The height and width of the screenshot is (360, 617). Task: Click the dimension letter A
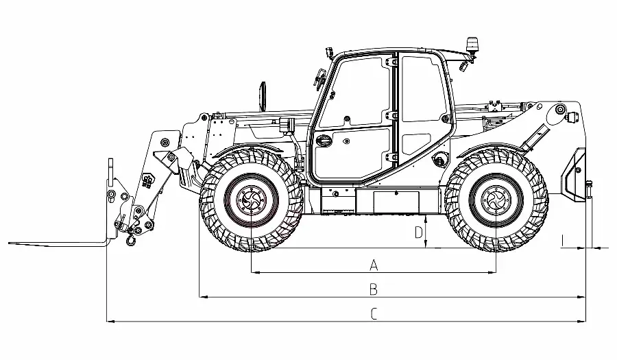pos(374,265)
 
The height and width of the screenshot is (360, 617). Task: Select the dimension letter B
pos(374,289)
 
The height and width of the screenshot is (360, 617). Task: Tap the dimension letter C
pos(374,314)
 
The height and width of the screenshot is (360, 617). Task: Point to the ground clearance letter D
pos(419,232)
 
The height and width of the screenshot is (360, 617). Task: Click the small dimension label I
pos(563,241)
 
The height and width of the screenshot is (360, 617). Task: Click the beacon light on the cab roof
pos(470,45)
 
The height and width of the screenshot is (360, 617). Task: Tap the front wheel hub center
pos(251,200)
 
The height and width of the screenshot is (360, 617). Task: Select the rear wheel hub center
pos(496,200)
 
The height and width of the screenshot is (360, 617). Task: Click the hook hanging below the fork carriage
pos(130,239)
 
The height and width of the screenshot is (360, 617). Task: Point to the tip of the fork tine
pos(9,243)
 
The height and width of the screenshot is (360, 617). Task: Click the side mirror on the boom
pos(263,95)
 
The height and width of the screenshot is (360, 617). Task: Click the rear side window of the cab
pos(422,88)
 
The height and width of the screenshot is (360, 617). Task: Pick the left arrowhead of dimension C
pos(110,322)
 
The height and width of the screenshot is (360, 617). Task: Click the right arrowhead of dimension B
pos(581,297)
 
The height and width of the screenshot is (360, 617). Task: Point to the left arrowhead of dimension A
pos(255,272)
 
